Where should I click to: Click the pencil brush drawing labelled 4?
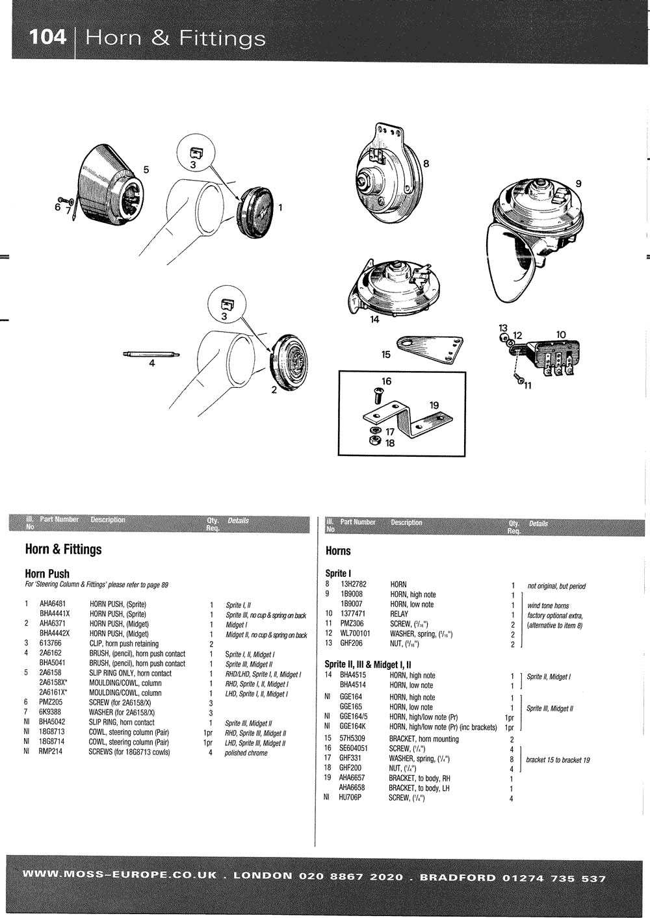(151, 354)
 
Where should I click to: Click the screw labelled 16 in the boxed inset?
(376, 394)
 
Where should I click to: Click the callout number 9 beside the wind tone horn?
(578, 183)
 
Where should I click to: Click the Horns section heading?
(337, 551)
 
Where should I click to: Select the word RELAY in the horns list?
(400, 613)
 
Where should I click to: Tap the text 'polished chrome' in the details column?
(246, 753)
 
